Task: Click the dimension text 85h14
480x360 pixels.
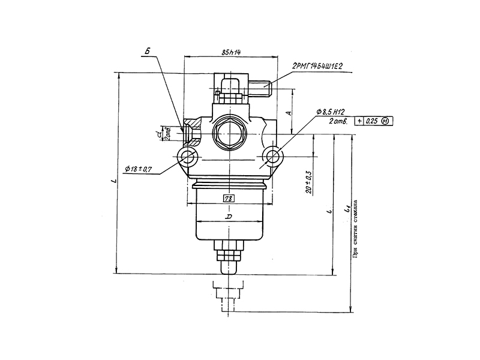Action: (230, 53)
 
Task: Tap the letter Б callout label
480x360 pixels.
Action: (146, 53)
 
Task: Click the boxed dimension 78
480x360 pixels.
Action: (229, 197)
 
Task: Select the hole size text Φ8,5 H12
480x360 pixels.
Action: (331, 112)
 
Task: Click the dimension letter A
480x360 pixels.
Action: (289, 112)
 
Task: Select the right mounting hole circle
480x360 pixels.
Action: (273, 157)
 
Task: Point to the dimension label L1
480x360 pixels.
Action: (346, 210)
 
